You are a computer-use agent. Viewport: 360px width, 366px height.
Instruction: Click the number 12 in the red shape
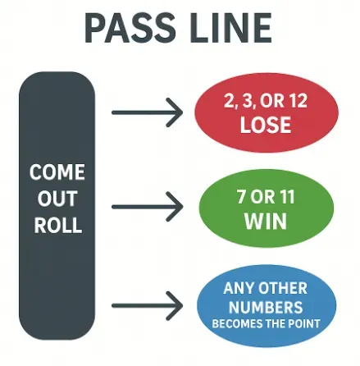coord(302,102)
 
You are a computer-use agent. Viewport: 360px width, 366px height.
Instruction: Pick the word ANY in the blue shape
coord(243,288)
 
